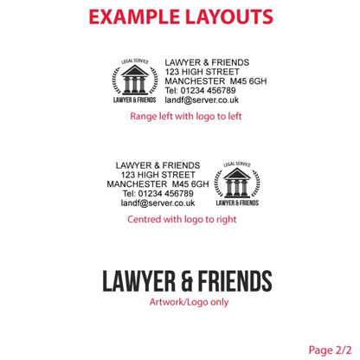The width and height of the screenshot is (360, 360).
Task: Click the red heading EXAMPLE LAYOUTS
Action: click(x=181, y=16)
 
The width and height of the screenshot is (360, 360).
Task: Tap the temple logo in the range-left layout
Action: click(x=135, y=80)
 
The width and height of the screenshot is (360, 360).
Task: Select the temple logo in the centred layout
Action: click(x=237, y=183)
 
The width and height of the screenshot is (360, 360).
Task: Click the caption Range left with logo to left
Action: click(x=186, y=116)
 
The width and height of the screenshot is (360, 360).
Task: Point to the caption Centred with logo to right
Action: click(x=182, y=219)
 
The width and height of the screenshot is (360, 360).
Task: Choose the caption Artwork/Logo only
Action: click(x=189, y=302)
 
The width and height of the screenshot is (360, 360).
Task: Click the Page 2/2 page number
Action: click(x=330, y=350)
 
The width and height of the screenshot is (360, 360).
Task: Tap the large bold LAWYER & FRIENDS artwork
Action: click(x=187, y=281)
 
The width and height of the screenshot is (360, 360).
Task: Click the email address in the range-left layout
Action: click(x=202, y=100)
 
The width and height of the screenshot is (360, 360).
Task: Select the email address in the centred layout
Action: click(x=157, y=203)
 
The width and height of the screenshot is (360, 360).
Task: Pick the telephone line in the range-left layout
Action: click(x=200, y=91)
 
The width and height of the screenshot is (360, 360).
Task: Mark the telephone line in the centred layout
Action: click(x=157, y=194)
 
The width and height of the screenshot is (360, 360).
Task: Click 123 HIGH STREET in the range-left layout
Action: click(x=202, y=72)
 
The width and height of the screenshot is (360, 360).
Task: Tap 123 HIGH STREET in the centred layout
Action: click(x=157, y=175)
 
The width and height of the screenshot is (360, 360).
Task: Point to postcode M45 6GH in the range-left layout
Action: click(x=248, y=81)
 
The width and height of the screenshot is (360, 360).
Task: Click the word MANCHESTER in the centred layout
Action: click(x=137, y=184)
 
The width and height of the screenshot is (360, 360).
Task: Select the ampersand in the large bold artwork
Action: click(x=187, y=281)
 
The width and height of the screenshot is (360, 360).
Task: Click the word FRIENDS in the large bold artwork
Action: click(x=235, y=281)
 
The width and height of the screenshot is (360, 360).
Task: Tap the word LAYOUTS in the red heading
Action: click(x=229, y=16)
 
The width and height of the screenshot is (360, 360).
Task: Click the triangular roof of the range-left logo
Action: click(x=135, y=71)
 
